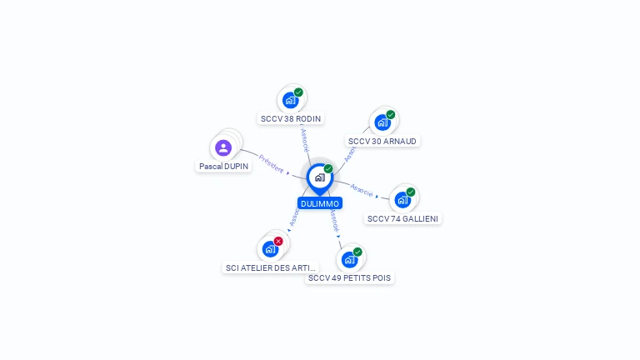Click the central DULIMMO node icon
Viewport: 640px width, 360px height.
point(319,177)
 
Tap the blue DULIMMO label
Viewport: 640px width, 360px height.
point(320,203)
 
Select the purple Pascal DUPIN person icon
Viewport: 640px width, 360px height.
point(223,148)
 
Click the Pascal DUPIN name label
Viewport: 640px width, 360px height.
point(224,167)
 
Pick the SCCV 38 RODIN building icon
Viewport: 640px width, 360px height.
point(290,101)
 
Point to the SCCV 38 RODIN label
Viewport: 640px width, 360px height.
point(291,119)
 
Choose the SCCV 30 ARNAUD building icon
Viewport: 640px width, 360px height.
point(382,122)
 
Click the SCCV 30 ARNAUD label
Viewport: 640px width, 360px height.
point(382,142)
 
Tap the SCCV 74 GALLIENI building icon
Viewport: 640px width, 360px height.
point(402,200)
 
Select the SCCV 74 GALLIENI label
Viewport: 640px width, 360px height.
point(403,219)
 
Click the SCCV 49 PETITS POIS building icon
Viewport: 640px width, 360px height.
point(349,259)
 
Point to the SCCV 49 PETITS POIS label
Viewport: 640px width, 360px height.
point(349,277)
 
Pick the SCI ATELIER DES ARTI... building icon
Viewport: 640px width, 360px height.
point(270,249)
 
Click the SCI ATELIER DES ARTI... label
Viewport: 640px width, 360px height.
point(271,268)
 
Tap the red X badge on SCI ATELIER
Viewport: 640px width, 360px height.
point(278,242)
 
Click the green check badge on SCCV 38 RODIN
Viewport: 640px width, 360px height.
point(298,92)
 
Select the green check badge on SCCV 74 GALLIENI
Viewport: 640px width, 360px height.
point(411,192)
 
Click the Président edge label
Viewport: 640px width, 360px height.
point(271,163)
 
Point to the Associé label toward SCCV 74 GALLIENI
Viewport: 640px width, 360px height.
point(362,189)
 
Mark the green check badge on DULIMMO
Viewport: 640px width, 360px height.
point(328,169)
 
